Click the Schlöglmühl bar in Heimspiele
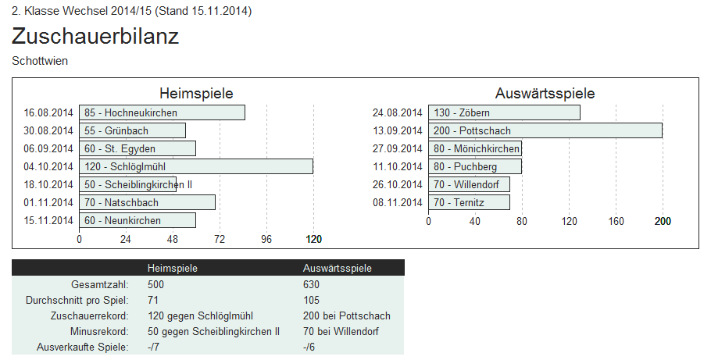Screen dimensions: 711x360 pyautogui.click(x=196, y=166)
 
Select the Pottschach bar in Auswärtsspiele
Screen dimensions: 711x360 pyautogui.click(x=545, y=130)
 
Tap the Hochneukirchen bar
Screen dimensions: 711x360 pyautogui.click(x=162, y=112)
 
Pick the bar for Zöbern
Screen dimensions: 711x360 pyautogui.click(x=504, y=112)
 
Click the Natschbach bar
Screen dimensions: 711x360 pyautogui.click(x=148, y=202)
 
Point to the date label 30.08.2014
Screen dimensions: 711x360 pyautogui.click(x=48, y=130)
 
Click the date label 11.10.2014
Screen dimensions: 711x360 pyautogui.click(x=398, y=166)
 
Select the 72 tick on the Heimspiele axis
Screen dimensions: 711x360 pyautogui.click(x=220, y=239)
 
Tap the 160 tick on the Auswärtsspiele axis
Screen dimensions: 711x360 pyautogui.click(x=616, y=221)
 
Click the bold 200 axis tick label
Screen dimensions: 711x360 pyautogui.click(x=663, y=221)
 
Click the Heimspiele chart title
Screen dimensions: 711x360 pyautogui.click(x=196, y=94)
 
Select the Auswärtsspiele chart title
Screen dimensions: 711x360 pyautogui.click(x=545, y=94)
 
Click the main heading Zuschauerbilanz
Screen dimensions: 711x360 pyautogui.click(x=95, y=36)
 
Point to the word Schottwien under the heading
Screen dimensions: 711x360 pyautogui.click(x=40, y=61)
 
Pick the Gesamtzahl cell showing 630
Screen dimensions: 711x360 pyautogui.click(x=311, y=284)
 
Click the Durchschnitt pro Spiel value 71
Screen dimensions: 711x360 pyautogui.click(x=153, y=300)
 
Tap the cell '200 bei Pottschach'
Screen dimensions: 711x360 pyautogui.click(x=346, y=315)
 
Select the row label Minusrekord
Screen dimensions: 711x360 pyautogui.click(x=99, y=331)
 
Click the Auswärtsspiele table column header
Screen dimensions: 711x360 pyautogui.click(x=338, y=268)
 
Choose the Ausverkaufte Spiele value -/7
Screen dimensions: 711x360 pyautogui.click(x=153, y=347)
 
